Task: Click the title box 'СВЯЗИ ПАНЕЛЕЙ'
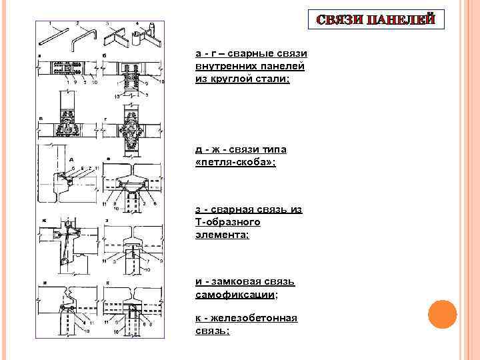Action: pos(377,19)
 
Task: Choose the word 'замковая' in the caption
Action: pos(246,281)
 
